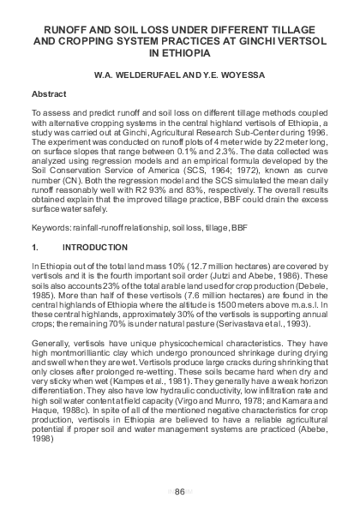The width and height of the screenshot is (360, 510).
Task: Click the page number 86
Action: (180, 490)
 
